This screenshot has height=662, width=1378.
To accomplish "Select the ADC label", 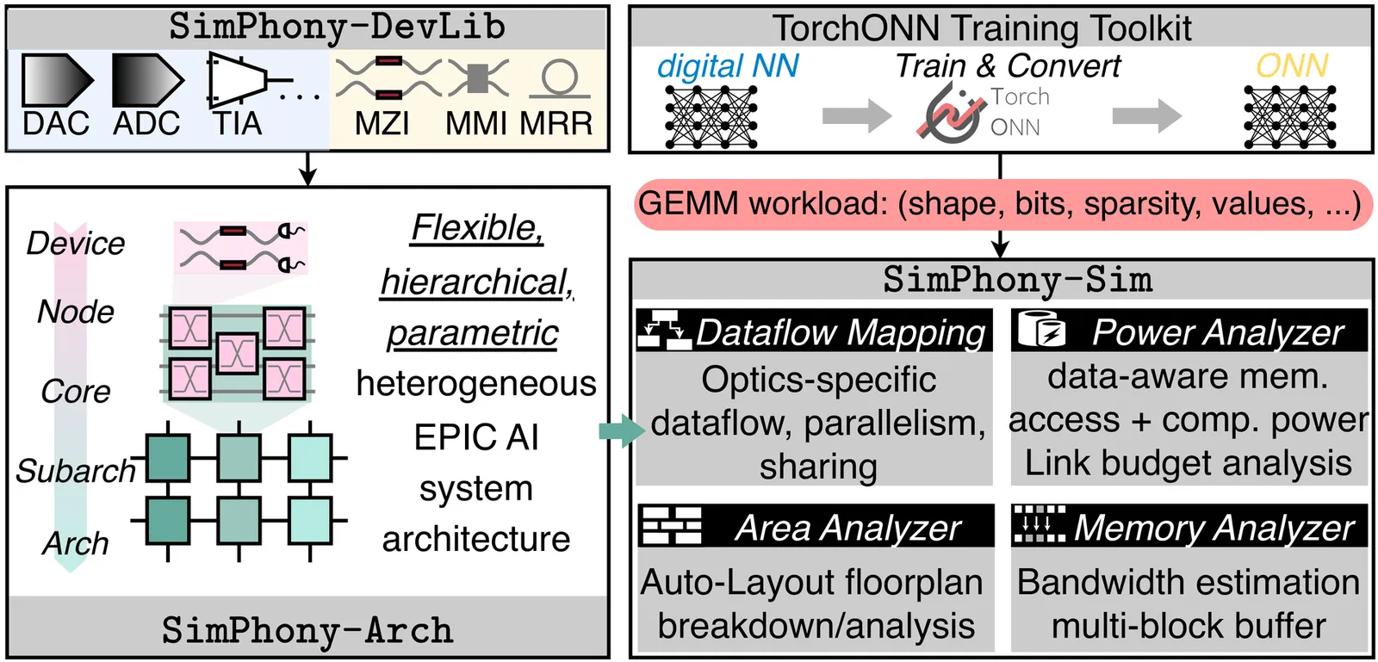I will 146,124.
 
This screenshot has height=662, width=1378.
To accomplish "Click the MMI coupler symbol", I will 478,78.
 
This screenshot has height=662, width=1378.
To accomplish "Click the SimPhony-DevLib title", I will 337,27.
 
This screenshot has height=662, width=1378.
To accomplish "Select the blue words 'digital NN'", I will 728,66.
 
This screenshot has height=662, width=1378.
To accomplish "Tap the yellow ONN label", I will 1291,66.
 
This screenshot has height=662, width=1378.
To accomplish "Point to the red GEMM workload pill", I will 1000,204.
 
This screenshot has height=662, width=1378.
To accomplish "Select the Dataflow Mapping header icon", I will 664,331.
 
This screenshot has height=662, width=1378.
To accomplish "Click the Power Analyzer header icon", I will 1041,331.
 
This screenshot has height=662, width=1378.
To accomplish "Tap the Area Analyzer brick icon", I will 672,526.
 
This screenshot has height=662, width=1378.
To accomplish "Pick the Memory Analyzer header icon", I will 1040,525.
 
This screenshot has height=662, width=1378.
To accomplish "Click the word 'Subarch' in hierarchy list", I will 76,471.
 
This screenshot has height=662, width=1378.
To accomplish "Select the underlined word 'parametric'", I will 472,333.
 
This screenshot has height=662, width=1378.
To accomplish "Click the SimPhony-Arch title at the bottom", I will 307,630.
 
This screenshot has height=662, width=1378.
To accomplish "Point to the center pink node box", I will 237,353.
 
